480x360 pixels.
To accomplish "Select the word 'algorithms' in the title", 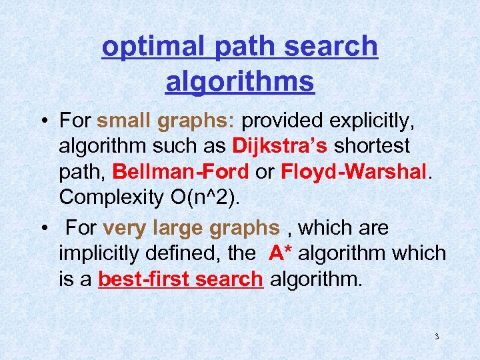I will coord(240,82).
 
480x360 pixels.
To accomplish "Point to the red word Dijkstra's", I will coord(280,145).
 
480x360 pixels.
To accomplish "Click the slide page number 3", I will coord(437,336).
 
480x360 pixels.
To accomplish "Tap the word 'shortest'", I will coord(371,145).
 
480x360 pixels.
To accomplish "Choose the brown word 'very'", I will coord(125,229).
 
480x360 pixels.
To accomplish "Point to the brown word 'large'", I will coord(179,229).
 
